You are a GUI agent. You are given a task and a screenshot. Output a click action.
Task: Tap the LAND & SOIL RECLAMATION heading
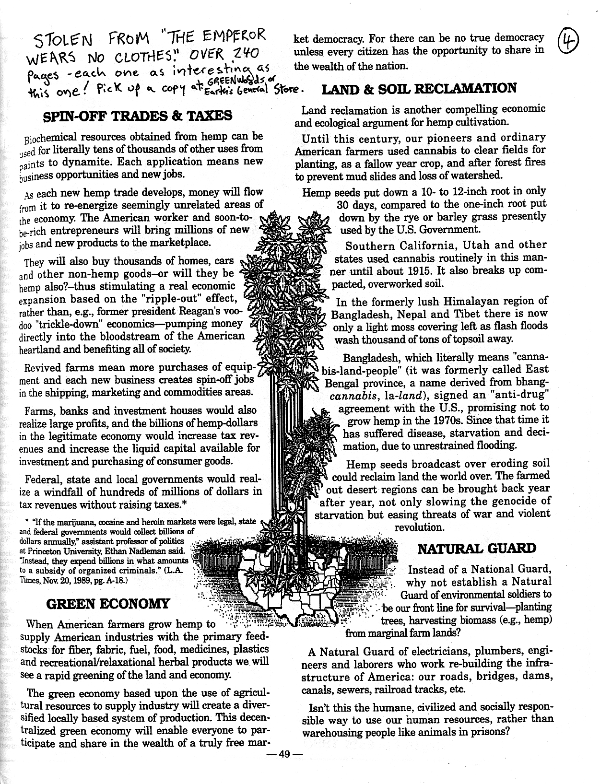(x=418, y=88)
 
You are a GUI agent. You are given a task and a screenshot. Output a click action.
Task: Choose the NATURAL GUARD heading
(x=477, y=549)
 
